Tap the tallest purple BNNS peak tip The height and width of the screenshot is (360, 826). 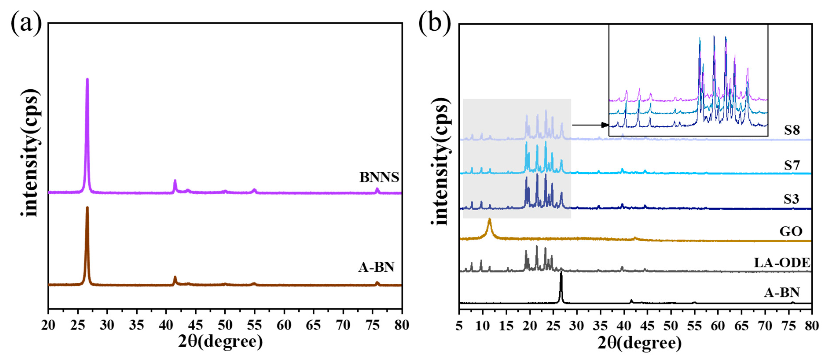[87, 79]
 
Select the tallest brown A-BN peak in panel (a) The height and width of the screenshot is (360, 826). [87, 208]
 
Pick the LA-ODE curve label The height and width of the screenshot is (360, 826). [782, 263]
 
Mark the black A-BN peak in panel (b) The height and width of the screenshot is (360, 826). [561, 273]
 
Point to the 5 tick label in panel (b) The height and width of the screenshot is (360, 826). [459, 326]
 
